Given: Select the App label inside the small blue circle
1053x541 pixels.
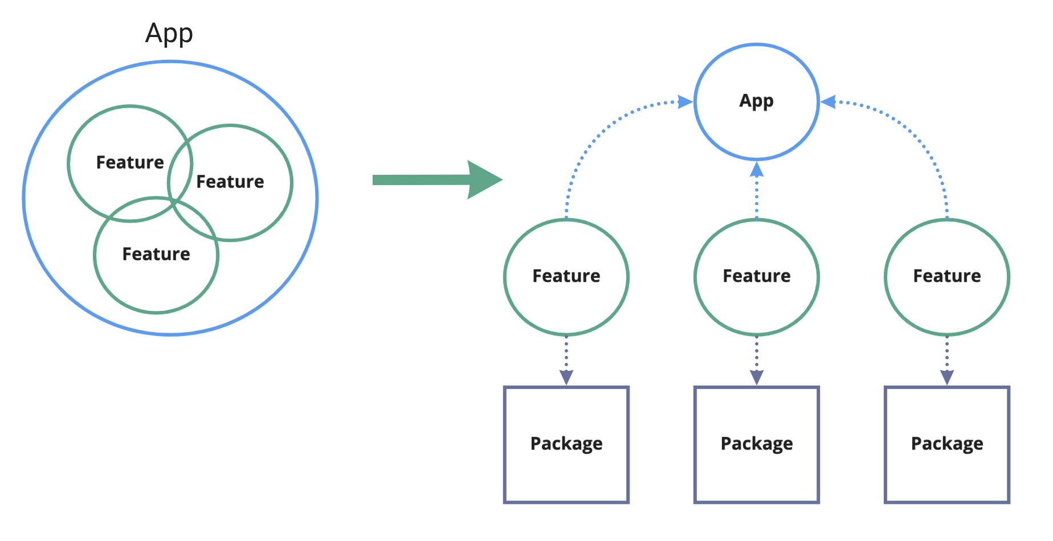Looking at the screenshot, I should click(756, 101).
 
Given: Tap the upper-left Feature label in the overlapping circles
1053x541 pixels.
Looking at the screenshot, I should click(130, 163).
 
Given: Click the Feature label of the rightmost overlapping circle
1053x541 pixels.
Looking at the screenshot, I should click(230, 182).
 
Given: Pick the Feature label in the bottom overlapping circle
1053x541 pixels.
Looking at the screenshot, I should click(156, 254).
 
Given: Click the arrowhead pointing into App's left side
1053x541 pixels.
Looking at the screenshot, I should click(685, 103).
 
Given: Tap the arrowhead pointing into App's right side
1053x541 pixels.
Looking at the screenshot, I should click(828, 103).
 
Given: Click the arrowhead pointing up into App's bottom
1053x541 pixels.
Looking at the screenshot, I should click(756, 169).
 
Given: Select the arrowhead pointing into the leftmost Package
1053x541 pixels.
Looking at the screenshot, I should click(566, 378).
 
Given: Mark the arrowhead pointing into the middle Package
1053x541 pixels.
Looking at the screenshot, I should click(756, 378).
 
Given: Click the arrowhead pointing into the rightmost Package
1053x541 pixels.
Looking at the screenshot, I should click(946, 378).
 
